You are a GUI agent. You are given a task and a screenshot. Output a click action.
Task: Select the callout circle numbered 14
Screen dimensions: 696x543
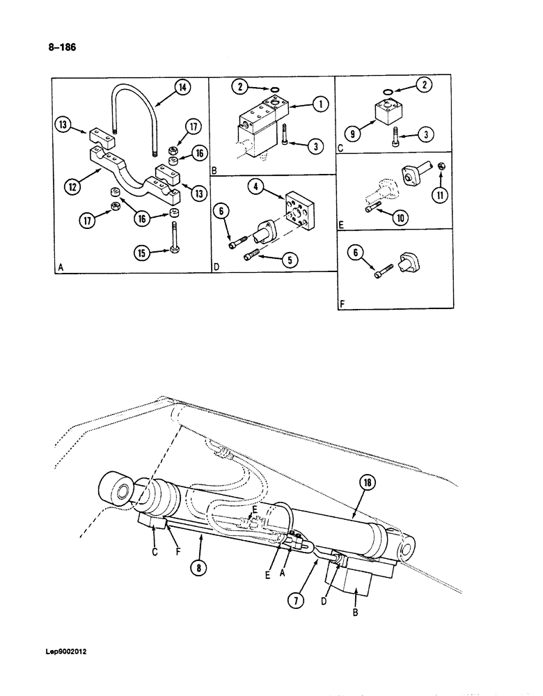click(182, 87)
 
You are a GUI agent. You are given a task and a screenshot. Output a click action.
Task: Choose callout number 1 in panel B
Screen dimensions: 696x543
click(320, 104)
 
